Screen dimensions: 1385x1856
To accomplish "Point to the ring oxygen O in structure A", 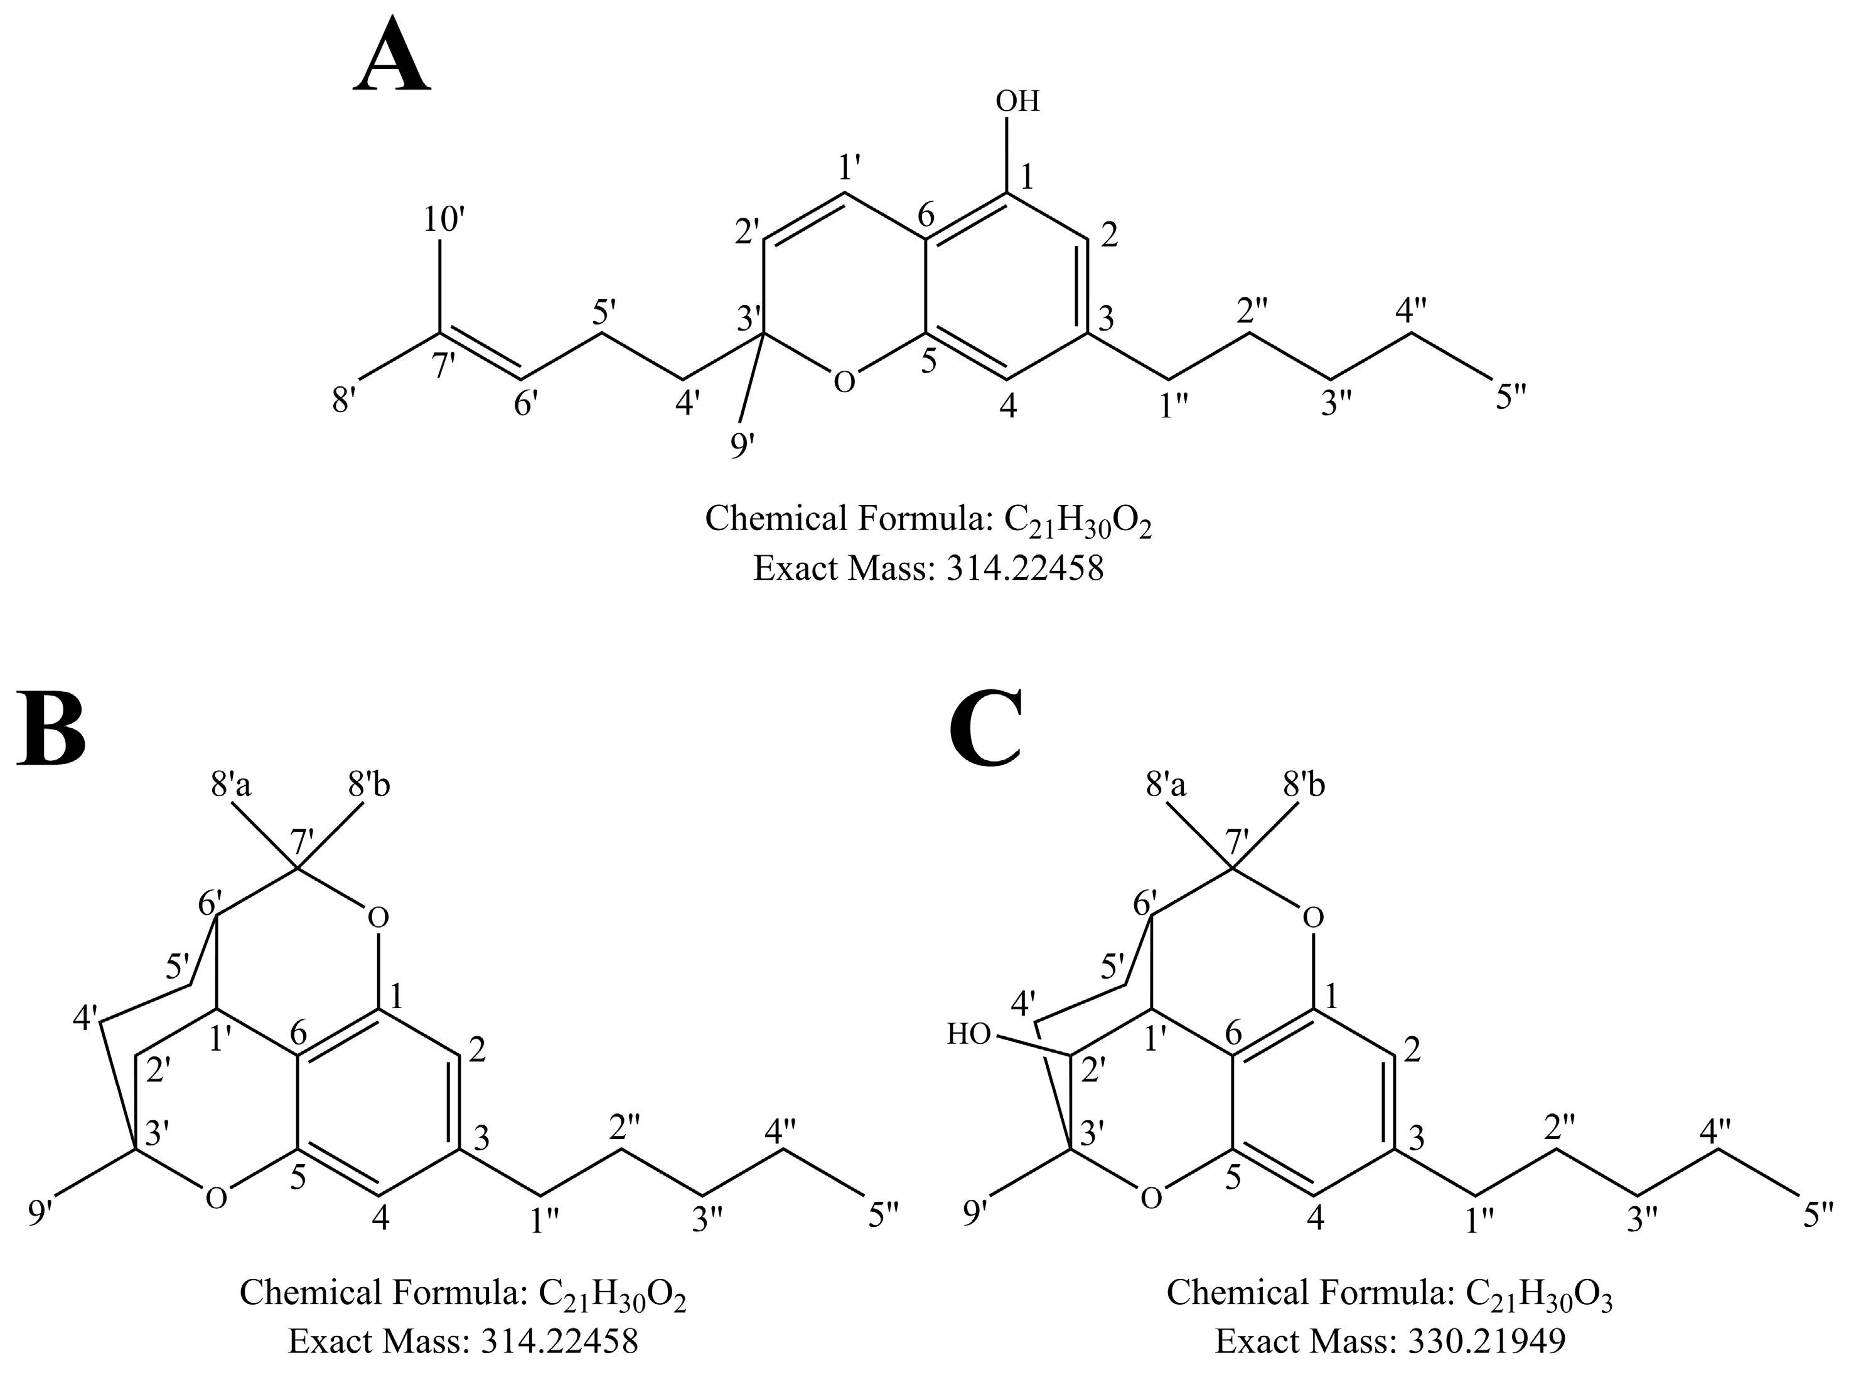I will [x=845, y=382].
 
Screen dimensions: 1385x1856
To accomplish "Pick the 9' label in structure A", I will [x=741, y=445].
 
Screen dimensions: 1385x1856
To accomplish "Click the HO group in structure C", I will [x=970, y=1034].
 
